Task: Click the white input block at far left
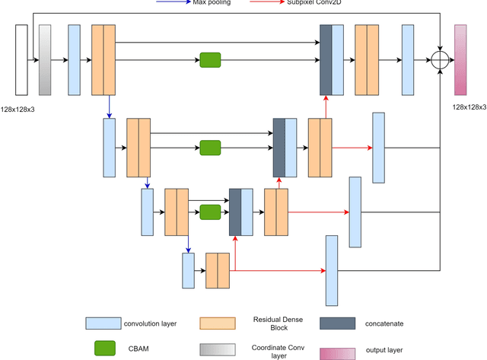pos(21,59)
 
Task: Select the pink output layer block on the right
pos(460,59)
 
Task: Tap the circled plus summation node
pos(440,60)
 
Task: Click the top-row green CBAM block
pos(210,60)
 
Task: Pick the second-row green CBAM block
pos(210,147)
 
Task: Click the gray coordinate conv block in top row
pos(45,59)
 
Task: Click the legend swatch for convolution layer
pos(103,323)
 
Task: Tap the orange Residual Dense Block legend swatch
pos(216,323)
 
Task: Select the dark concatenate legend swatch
pos(337,323)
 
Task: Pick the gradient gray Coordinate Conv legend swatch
pos(216,348)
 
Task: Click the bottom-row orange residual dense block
pos(218,270)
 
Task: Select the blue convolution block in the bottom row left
pos(189,270)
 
